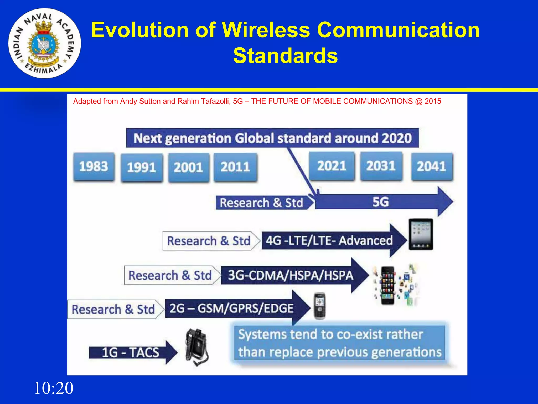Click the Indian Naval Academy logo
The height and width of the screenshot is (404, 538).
(45, 43)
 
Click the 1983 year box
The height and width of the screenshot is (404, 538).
(94, 166)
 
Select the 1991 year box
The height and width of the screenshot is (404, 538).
(142, 168)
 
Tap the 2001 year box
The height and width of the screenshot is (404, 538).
(188, 167)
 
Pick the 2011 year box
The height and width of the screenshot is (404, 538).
(235, 167)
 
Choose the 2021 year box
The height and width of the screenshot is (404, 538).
(332, 166)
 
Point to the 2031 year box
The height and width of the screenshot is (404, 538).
(381, 166)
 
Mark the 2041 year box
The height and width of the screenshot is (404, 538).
(432, 166)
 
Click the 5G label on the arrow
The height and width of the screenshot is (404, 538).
(380, 202)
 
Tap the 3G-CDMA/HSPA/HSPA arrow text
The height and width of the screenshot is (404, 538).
(291, 275)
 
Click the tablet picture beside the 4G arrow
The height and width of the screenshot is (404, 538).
(421, 234)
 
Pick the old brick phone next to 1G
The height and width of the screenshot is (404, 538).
(196, 347)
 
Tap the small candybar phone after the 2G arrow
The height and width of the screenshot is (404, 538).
(320, 306)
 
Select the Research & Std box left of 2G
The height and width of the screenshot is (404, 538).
(113, 309)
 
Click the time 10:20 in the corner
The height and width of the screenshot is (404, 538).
(54, 388)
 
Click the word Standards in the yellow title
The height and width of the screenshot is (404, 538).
(285, 55)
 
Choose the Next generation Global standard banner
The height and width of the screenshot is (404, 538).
(272, 138)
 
